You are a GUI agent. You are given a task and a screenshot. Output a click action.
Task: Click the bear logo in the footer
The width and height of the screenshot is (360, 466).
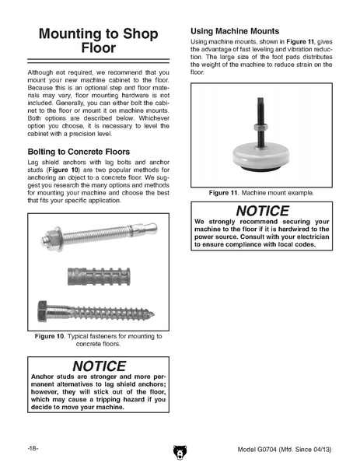[x=180, y=452]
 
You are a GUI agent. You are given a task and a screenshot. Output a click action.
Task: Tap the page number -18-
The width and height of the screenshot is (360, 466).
[x=33, y=448]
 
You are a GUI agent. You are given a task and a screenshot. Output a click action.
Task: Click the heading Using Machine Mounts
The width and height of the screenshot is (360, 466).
[x=235, y=31]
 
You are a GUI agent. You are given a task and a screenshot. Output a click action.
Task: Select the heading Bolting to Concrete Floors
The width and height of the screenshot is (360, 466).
[x=79, y=152]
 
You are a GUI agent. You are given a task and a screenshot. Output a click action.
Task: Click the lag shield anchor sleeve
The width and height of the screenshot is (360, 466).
[x=99, y=276]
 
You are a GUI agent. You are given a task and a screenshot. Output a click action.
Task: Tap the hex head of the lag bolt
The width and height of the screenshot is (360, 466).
[x=42, y=311]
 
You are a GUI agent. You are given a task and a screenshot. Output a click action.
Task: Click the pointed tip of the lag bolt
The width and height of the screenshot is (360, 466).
[x=153, y=314]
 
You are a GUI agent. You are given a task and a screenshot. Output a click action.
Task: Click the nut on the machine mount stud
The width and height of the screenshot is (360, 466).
[x=260, y=128]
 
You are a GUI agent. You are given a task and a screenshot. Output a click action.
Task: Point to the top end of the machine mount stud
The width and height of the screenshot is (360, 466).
[x=260, y=98]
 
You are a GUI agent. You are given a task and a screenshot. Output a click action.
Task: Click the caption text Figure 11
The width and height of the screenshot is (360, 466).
[x=223, y=193]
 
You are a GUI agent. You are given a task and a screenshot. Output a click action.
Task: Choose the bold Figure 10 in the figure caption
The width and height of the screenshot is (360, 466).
[x=49, y=336]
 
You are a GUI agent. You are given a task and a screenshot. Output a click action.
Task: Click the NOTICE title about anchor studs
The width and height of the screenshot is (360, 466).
[x=100, y=366]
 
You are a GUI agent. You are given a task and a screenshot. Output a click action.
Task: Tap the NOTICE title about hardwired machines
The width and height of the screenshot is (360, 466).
[x=262, y=211]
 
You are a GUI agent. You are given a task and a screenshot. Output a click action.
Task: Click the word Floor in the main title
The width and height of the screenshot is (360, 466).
[x=98, y=47]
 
